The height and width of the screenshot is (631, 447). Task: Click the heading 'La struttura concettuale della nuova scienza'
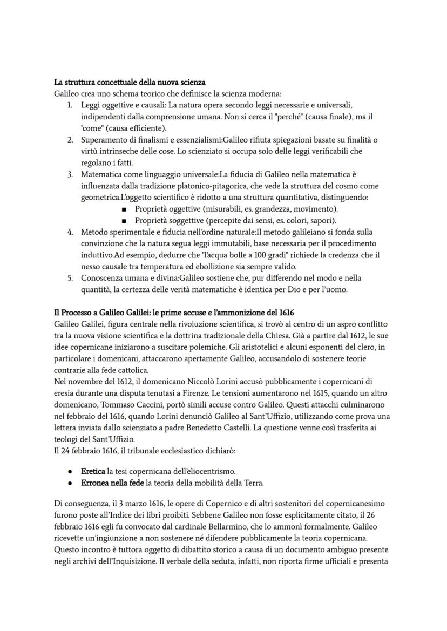click(x=130, y=83)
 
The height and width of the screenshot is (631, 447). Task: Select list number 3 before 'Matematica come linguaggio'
click(x=70, y=174)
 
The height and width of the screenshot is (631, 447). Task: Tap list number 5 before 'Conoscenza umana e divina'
click(x=70, y=278)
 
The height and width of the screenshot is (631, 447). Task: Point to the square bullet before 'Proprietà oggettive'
click(x=124, y=209)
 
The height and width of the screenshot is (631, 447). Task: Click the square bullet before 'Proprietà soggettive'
click(x=124, y=220)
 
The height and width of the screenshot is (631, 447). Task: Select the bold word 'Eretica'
click(x=93, y=472)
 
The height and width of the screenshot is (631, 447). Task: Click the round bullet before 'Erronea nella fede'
click(x=71, y=483)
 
